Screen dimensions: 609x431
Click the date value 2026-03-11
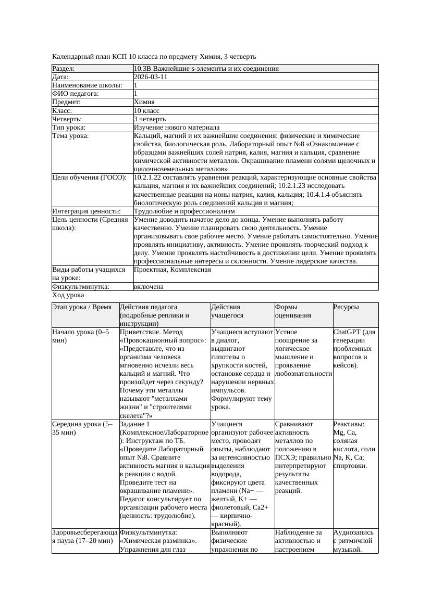click(x=151, y=77)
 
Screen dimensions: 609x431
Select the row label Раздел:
click(x=64, y=69)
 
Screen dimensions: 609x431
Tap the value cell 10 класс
click(x=146, y=111)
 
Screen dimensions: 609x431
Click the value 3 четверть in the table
click(x=150, y=119)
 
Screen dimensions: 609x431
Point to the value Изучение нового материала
click(x=177, y=128)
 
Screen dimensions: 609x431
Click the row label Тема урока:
click(x=71, y=136)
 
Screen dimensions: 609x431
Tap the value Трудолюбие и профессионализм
click(x=184, y=211)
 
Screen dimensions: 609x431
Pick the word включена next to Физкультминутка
click(x=149, y=287)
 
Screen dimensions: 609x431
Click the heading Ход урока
click(x=68, y=295)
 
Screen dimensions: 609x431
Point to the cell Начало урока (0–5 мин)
click(x=81, y=336)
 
